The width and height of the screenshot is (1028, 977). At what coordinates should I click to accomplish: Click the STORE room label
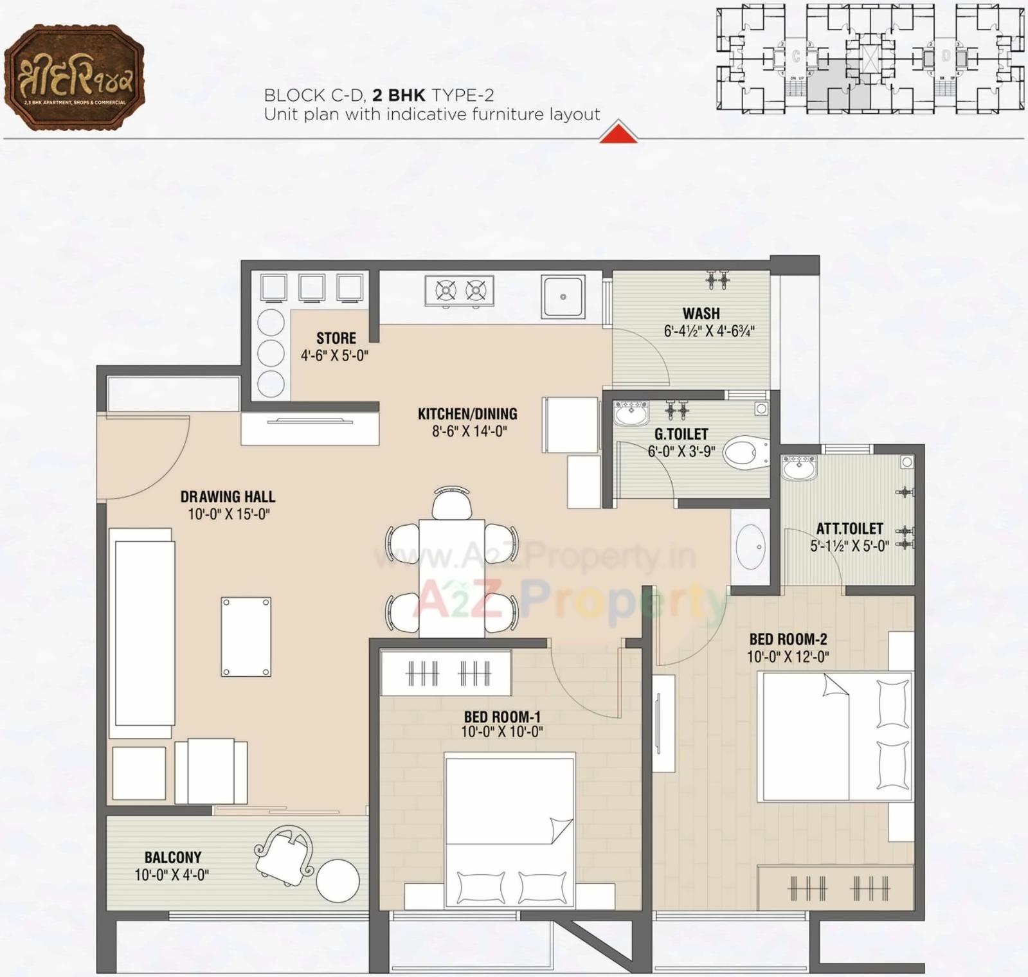pos(336,338)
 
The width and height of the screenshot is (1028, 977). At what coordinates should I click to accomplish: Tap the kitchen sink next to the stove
pos(563,296)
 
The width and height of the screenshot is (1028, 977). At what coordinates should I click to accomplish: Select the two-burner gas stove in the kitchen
pos(460,291)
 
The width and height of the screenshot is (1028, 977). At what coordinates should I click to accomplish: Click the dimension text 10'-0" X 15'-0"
pos(228,514)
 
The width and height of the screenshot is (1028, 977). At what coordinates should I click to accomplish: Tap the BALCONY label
pos(172,857)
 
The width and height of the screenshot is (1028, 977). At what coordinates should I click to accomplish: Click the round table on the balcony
pos(338,881)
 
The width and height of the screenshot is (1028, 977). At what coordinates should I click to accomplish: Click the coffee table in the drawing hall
pos(246,636)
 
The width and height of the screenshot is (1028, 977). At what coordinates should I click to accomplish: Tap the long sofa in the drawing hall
pos(142,633)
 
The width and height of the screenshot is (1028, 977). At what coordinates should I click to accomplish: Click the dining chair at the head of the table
pos(451,503)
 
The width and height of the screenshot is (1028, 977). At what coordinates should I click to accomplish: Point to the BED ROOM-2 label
pos(788,639)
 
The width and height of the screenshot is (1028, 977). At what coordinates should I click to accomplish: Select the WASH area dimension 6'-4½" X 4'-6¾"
pos(708,331)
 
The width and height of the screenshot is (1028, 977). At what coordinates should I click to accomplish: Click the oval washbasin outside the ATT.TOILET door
pos(750,547)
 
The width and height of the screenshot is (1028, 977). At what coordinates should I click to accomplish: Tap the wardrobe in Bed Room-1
pos(446,673)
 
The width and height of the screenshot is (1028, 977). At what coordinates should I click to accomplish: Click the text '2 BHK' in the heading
pos(399,95)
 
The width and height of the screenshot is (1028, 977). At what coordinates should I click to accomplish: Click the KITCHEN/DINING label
pos(467,414)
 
